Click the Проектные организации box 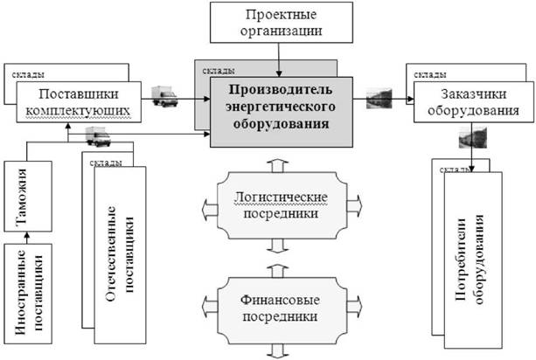[281, 23]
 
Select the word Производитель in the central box [281, 90]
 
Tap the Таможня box [28, 197]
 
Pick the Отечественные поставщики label [120, 253]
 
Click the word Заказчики [473, 93]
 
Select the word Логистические [281, 197]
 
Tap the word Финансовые [280, 300]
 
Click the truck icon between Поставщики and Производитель [164, 96]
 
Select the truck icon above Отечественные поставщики [98, 136]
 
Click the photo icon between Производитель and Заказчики [379, 99]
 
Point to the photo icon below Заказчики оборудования [473, 137]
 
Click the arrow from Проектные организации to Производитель [279, 59]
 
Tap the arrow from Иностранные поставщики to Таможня [28, 238]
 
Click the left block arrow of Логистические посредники [210, 209]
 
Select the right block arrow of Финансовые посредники [354, 305]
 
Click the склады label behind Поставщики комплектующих [28, 74]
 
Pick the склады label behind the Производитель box [219, 71]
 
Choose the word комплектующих [78, 111]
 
